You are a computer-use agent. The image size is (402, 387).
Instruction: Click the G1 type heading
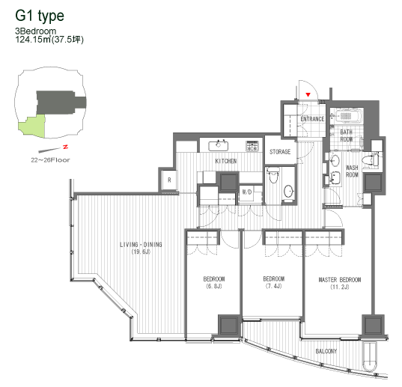[x=40, y=16]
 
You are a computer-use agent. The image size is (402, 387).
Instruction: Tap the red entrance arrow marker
[x=308, y=94]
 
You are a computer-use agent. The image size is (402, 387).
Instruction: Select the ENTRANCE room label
[x=312, y=119]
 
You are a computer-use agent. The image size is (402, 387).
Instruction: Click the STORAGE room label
[x=280, y=152]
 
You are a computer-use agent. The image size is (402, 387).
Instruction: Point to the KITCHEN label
[x=226, y=161]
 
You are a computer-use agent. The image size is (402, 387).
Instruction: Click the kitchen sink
[x=219, y=146]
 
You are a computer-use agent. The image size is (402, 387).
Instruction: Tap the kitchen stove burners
[x=252, y=146]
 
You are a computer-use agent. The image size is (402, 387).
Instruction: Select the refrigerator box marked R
[x=169, y=180]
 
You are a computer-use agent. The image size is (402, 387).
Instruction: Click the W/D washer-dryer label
[x=247, y=192]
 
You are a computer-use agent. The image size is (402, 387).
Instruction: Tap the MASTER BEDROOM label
[x=340, y=280]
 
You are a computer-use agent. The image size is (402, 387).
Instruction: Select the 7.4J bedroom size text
[x=273, y=286]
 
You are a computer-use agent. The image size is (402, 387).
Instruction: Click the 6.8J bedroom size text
[x=214, y=286]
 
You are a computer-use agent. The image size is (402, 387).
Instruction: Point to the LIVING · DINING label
[x=141, y=245]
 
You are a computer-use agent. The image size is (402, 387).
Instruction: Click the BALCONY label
[x=326, y=351]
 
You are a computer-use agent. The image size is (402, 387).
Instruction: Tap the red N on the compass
[x=66, y=147]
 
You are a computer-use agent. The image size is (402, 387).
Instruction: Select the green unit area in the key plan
[x=32, y=126]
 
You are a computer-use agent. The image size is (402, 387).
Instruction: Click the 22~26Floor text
[x=50, y=160]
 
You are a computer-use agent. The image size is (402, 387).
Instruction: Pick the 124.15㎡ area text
[x=34, y=40]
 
